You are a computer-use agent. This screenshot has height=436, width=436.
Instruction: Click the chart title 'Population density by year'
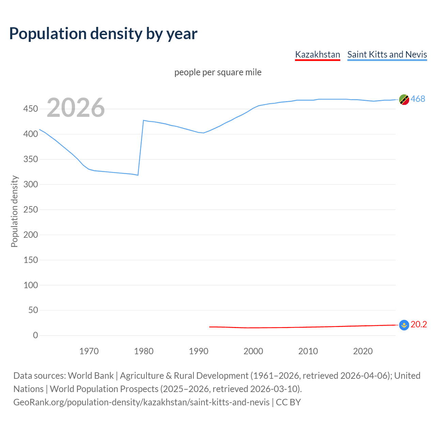(103, 34)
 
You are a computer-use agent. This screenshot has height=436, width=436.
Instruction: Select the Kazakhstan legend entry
(317, 54)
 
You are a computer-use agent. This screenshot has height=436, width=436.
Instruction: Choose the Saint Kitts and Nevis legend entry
(387, 54)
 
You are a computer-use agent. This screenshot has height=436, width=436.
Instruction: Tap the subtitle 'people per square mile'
(218, 72)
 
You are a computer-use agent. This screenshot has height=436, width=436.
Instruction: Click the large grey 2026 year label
(76, 108)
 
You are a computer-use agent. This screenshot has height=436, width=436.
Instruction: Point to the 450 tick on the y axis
(31, 109)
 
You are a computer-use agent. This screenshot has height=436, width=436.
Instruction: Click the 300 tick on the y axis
(31, 184)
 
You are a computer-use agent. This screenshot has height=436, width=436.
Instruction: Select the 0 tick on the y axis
(35, 335)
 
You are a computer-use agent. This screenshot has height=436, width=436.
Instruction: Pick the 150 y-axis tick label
(31, 260)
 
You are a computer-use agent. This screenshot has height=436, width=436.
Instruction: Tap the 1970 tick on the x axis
(89, 351)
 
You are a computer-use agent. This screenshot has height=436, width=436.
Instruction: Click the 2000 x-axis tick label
(253, 351)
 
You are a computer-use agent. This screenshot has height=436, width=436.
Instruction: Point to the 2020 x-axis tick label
(363, 351)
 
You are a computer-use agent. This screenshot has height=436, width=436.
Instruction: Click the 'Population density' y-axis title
(14, 211)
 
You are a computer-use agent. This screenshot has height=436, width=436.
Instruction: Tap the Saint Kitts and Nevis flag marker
(404, 100)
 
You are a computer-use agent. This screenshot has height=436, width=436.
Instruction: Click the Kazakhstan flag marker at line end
(404, 325)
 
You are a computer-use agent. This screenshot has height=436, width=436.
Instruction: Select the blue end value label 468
(418, 99)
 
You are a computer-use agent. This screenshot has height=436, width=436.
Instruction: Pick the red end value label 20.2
(419, 325)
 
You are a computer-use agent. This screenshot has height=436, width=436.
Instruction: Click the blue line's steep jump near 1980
(141, 148)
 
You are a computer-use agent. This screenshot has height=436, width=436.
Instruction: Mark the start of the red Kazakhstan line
(210, 327)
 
